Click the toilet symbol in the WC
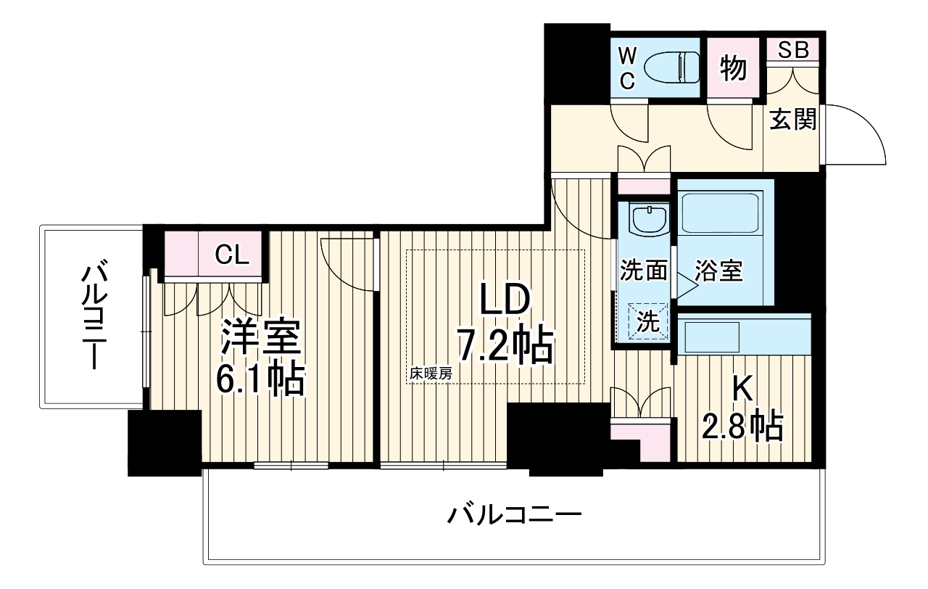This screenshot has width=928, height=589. pyautogui.click(x=665, y=67)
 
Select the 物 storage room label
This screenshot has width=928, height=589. pyautogui.click(x=733, y=69)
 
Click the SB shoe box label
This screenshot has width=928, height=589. pyautogui.click(x=795, y=50)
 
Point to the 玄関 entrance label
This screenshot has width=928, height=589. pyautogui.click(x=792, y=119)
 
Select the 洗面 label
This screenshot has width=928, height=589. pyautogui.click(x=642, y=271)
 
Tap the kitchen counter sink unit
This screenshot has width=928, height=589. pyautogui.click(x=743, y=334)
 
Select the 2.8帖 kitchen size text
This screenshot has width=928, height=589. pyautogui.click(x=742, y=427)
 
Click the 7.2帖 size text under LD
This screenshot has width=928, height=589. pyautogui.click(x=505, y=345)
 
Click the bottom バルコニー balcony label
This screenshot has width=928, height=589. pyautogui.click(x=514, y=516)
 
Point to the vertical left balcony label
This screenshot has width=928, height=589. pyautogui.click(x=94, y=318)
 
